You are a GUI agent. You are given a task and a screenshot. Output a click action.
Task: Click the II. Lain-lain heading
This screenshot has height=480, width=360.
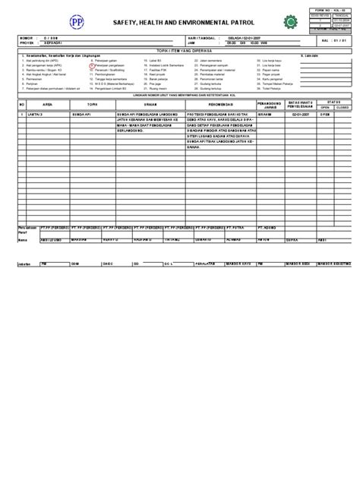[309, 55]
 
